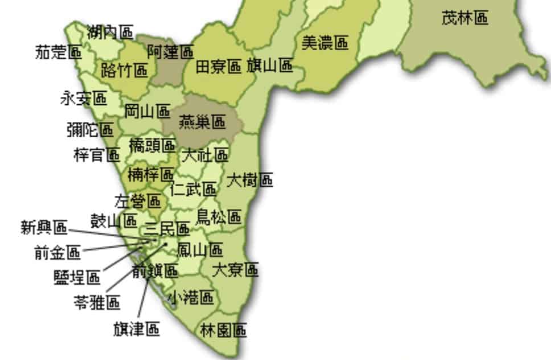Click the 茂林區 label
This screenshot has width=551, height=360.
[464, 18]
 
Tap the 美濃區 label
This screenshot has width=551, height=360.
[324, 43]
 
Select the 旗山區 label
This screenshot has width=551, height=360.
[270, 66]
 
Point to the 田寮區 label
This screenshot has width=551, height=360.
[219, 67]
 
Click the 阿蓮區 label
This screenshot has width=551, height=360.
[170, 53]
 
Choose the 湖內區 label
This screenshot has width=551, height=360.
[110, 32]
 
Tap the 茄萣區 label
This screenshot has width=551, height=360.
[58, 53]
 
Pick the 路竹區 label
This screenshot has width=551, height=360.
[124, 71]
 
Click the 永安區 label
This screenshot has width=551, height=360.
[83, 99]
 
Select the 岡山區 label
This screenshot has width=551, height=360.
[147, 111]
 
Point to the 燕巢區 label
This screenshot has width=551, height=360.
[202, 122]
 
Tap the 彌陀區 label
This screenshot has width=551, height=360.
[89, 130]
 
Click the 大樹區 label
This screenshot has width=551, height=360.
[249, 181]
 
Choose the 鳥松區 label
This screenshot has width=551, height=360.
[219, 216]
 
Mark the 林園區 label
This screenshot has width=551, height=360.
[224, 330]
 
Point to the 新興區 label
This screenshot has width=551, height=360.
[44, 228]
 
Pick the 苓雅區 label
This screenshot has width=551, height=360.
[97, 302]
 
